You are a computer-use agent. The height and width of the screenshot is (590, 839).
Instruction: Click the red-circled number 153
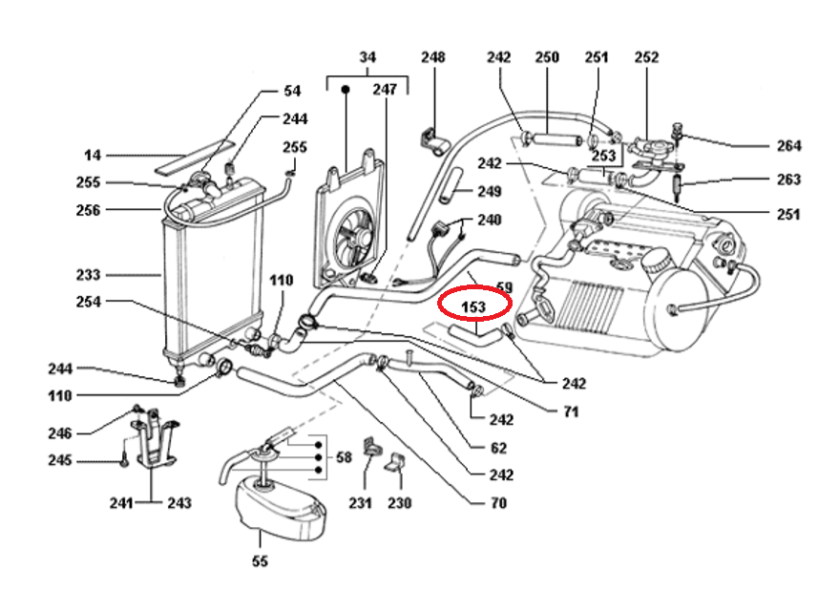tap(474, 307)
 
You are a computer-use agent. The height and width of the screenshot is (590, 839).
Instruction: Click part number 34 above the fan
tap(367, 58)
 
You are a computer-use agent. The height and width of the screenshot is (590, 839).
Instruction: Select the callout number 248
tap(433, 58)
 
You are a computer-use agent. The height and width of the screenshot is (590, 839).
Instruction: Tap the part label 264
tap(788, 146)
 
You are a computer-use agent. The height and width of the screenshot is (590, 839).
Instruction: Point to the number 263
tap(788, 179)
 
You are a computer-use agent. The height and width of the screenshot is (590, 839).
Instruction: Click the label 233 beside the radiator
tap(88, 275)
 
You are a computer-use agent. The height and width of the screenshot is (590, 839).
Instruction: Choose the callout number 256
tap(88, 210)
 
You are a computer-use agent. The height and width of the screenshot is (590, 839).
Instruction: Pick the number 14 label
tap(92, 155)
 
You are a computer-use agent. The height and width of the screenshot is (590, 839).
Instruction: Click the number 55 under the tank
tap(260, 561)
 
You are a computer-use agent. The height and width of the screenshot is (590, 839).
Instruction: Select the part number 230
tap(399, 503)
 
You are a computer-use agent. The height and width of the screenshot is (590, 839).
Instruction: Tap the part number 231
tap(359, 503)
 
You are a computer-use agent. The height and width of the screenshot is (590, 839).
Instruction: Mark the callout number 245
tap(60, 461)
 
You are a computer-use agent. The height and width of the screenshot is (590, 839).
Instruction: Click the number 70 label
tap(498, 503)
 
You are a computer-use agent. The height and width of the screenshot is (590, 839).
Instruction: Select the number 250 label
tap(546, 58)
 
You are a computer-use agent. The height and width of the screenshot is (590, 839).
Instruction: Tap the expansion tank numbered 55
tap(277, 506)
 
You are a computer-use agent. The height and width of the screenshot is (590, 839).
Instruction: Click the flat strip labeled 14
tap(196, 151)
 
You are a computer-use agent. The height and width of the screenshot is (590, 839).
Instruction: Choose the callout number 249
tap(489, 192)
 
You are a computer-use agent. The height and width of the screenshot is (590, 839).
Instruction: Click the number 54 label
tap(292, 92)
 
